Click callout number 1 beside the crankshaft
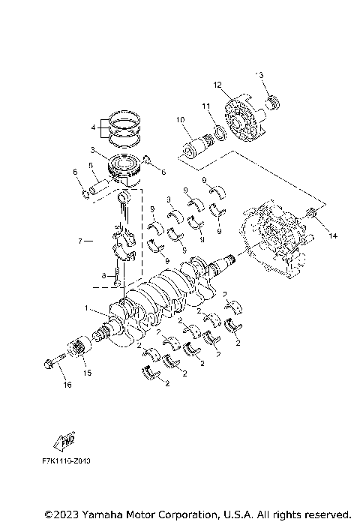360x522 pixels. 88,309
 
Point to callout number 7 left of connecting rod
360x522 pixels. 80,241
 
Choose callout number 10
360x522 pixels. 180,119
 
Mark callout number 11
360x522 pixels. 204,107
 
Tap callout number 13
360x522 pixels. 260,75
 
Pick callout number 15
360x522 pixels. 87,373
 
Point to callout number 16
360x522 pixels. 67,385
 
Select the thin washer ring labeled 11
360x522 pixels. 217,133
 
